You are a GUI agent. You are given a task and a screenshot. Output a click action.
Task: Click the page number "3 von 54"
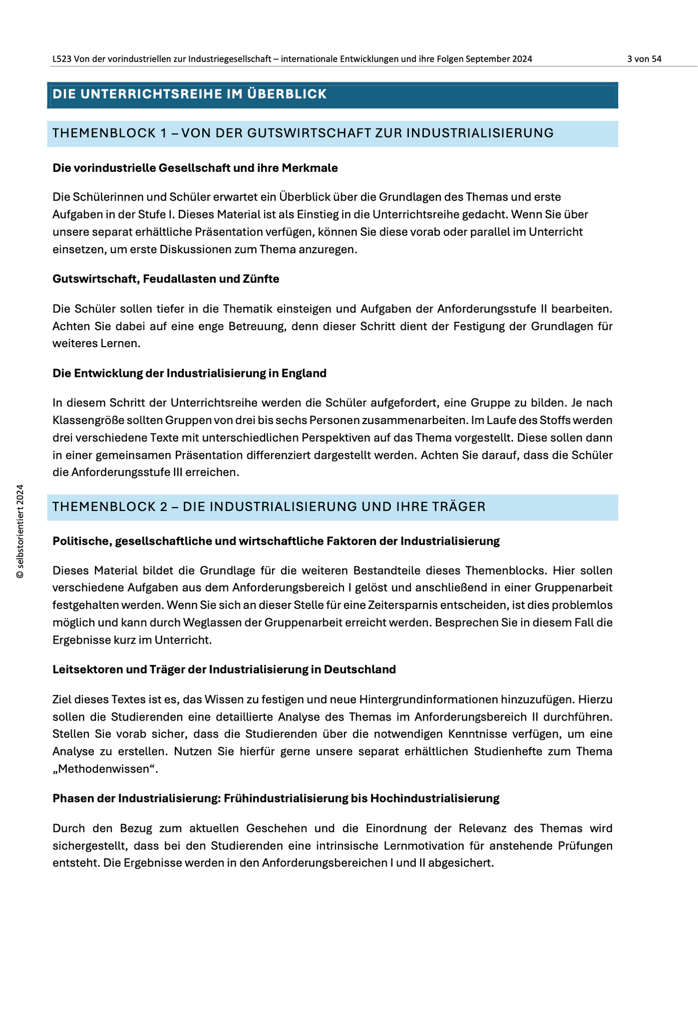coord(644,59)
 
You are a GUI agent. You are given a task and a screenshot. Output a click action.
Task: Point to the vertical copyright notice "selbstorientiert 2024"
coord(20,532)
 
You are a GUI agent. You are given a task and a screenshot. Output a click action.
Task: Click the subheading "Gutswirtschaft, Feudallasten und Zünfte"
coord(166,279)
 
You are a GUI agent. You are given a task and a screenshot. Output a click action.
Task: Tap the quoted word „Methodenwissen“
coord(105,769)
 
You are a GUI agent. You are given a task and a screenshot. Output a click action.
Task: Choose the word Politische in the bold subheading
coord(81,541)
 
